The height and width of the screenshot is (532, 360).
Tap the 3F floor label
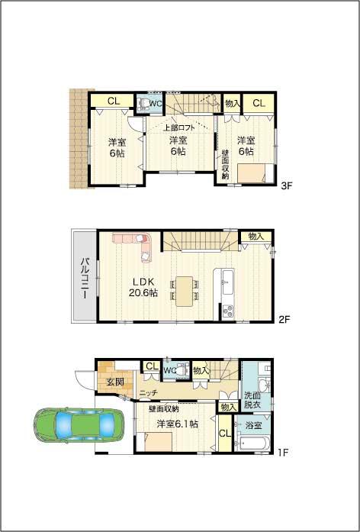286,185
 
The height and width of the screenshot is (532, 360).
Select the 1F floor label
282,453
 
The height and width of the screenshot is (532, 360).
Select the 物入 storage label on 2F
256,237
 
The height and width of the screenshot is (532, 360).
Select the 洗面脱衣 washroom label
252,399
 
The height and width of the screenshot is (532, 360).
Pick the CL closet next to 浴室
224,435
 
